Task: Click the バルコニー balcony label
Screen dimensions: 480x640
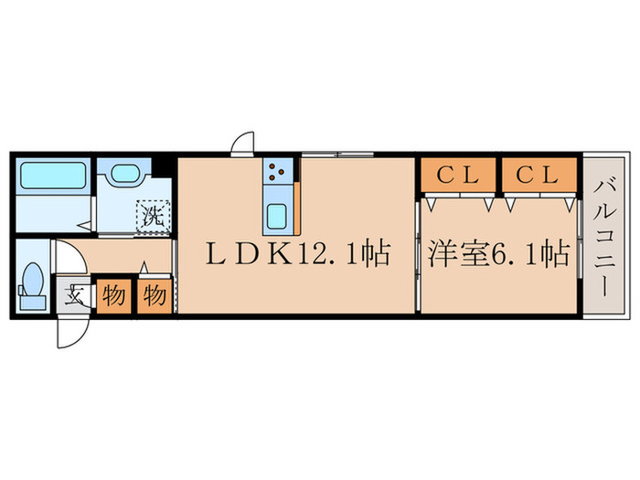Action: (x=604, y=236)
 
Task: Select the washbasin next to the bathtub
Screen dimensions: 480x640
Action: (x=125, y=176)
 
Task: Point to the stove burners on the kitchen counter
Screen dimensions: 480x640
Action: (x=278, y=170)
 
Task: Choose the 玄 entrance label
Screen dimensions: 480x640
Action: (x=73, y=296)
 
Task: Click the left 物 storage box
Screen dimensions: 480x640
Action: (x=113, y=296)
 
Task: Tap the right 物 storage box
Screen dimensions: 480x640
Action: (x=154, y=296)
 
